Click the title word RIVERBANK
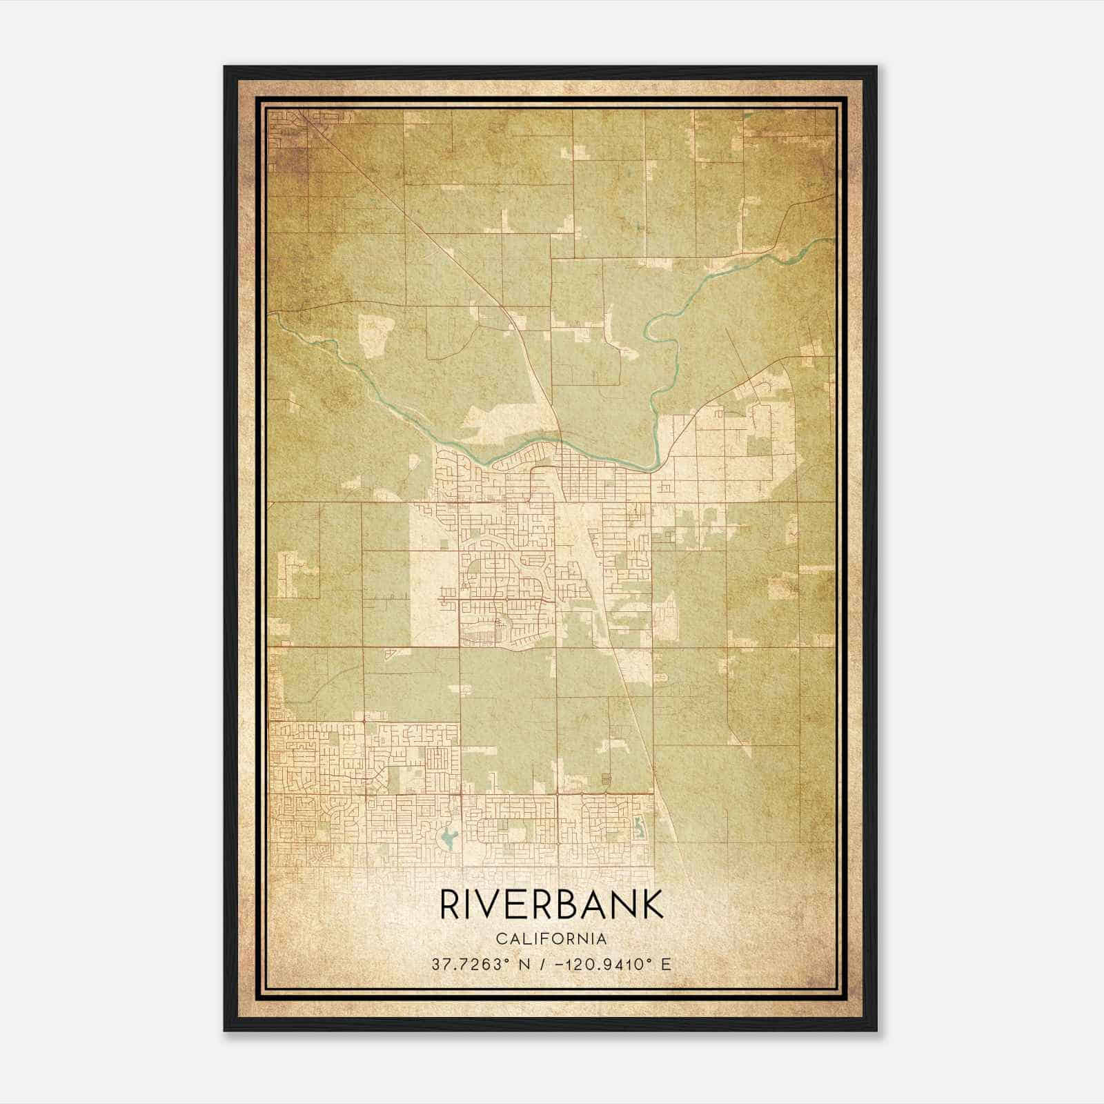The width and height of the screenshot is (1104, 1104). (x=551, y=905)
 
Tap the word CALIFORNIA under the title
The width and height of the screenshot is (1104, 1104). (x=551, y=939)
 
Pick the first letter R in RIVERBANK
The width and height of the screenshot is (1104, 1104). (x=448, y=905)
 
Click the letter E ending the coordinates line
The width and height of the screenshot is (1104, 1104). (x=665, y=964)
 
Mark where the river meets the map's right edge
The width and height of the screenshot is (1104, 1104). (x=833, y=239)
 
